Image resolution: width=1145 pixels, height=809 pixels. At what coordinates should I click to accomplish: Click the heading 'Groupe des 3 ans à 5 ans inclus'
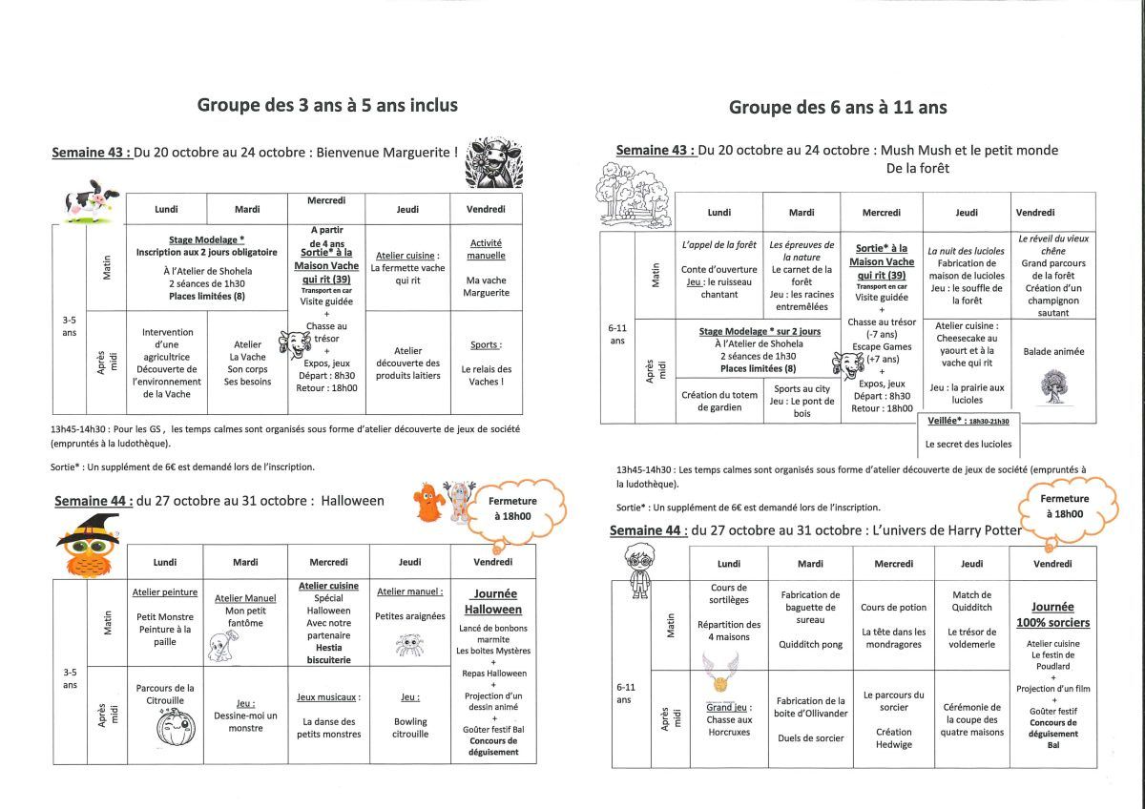tap(327, 105)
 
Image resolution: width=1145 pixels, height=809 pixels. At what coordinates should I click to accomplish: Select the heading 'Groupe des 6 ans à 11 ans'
tap(838, 107)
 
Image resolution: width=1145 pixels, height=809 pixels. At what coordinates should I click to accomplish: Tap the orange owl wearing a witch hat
tap(90, 547)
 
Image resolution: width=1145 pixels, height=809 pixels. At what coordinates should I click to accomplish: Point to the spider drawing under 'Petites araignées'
tap(409, 645)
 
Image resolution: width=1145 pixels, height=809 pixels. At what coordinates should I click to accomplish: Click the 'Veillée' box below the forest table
tap(968, 432)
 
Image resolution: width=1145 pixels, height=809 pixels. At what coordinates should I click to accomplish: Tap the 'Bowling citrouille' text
tap(409, 728)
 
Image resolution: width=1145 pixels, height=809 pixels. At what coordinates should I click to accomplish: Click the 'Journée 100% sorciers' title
tap(1053, 614)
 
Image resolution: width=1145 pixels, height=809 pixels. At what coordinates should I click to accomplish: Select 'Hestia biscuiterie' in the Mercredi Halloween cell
tap(328, 653)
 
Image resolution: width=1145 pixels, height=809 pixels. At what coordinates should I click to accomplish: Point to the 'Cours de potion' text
tap(893, 608)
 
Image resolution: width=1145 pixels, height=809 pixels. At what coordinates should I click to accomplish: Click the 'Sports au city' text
tap(801, 388)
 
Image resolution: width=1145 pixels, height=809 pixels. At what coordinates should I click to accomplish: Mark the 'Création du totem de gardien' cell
tap(718, 401)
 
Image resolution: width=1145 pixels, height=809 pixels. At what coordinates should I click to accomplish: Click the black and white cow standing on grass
tap(88, 200)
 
